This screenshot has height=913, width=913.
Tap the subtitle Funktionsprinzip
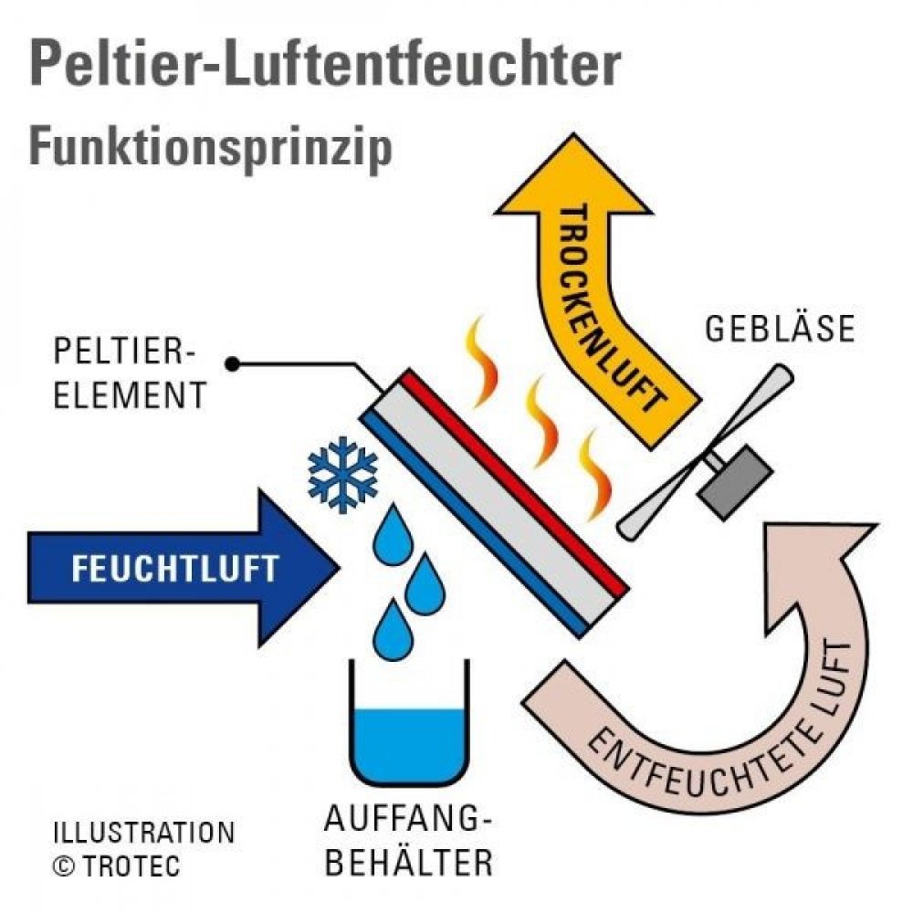[x=211, y=148]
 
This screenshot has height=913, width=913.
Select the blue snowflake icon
[x=342, y=475]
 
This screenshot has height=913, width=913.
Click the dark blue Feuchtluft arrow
[x=184, y=568]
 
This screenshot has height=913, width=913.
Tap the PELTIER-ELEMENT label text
[x=130, y=373]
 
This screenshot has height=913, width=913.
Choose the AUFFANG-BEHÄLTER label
[x=408, y=840]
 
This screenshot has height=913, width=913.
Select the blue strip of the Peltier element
[x=473, y=524]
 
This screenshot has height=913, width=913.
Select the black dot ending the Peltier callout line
[x=233, y=364]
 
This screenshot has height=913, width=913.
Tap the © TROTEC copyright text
[x=117, y=866]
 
